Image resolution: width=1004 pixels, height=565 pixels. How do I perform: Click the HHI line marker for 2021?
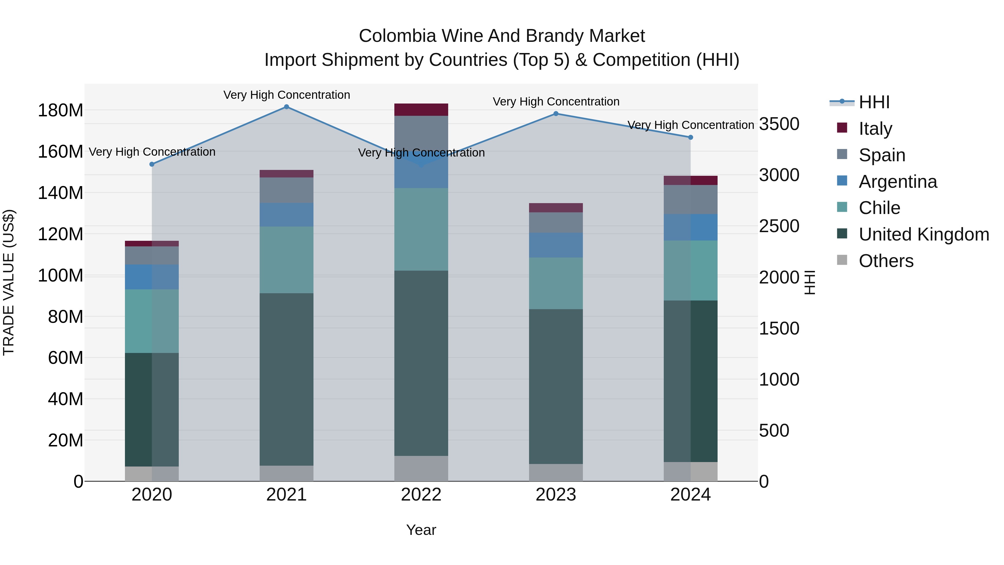286,107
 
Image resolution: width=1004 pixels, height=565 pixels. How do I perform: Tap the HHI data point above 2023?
556,114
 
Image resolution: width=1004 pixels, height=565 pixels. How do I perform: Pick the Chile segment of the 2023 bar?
556,283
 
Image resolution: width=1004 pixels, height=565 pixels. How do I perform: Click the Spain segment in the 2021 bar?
286,190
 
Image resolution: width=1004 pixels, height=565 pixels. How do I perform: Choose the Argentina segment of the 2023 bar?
556,245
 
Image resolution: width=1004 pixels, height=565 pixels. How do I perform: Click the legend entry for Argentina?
897,182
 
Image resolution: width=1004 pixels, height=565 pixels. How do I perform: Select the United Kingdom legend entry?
924,234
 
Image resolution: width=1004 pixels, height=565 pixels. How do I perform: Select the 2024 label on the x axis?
690,495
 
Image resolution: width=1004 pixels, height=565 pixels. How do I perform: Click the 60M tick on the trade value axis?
66,358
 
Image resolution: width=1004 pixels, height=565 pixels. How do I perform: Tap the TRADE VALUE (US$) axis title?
9,282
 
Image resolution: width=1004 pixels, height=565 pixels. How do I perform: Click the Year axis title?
421,530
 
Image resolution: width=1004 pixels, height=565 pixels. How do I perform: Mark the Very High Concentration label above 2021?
286,95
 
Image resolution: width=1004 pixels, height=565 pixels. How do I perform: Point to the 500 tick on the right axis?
774,431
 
